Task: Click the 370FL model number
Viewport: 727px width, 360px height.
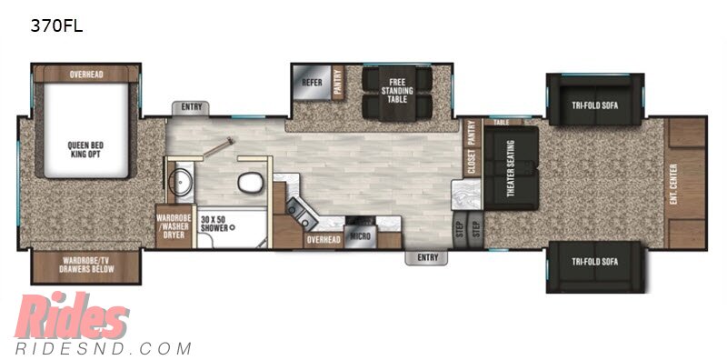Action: pos(56,26)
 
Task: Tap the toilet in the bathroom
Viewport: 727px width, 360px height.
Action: pos(250,183)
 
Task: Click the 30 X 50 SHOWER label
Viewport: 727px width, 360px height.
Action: pos(216,223)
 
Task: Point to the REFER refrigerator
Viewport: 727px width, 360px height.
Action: pos(312,83)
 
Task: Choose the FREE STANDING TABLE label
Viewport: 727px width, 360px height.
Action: pos(397,91)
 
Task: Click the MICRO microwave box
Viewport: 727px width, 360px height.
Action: pos(360,236)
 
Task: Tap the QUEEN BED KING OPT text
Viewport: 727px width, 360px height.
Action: pos(85,149)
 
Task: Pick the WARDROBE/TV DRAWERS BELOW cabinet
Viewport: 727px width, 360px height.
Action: pos(85,265)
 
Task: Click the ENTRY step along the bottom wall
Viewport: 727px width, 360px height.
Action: pos(426,257)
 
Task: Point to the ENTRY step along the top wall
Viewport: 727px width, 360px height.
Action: pos(192,108)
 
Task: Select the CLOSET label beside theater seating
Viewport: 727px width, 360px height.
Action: pos(472,163)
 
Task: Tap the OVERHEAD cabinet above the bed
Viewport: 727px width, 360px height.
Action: pos(86,75)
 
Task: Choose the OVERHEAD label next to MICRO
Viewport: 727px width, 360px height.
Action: pos(324,240)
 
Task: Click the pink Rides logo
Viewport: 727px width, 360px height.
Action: pos(72,315)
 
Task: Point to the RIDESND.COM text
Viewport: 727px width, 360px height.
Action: pos(103,348)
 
